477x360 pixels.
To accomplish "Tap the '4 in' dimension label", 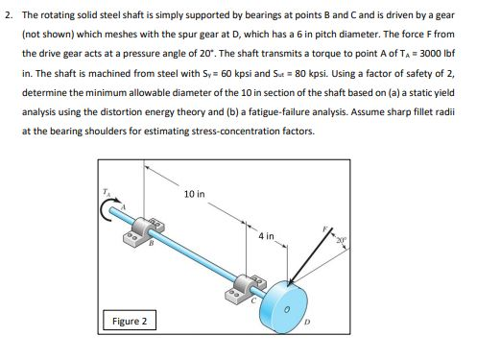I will tap(267, 235).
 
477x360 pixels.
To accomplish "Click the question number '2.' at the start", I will tap(8, 16).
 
